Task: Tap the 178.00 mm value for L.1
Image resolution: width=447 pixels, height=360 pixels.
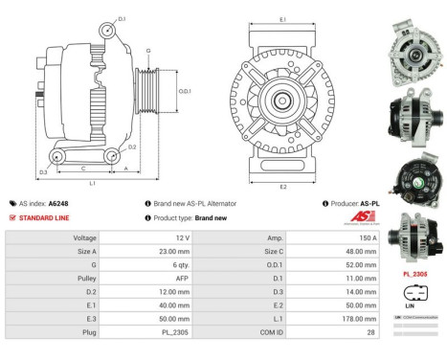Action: pyautogui.click(x=335, y=318)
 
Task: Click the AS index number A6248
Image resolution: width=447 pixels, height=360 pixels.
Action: pyautogui.click(x=57, y=203)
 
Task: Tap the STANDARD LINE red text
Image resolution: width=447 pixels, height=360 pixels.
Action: pyautogui.click(x=46, y=217)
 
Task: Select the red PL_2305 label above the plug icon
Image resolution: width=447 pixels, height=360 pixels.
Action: pyautogui.click(x=416, y=273)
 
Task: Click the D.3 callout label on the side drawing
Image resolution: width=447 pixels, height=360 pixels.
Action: pyautogui.click(x=43, y=172)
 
